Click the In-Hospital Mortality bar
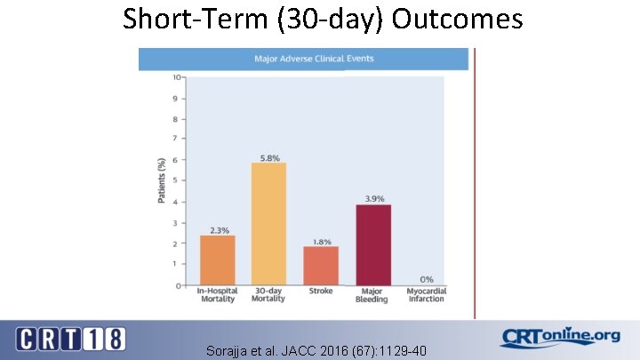[x=217, y=260]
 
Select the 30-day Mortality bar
[x=268, y=223]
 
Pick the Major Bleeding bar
[x=373, y=244]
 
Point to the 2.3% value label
[x=219, y=230]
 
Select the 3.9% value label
[x=374, y=199]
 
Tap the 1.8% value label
[x=322, y=241]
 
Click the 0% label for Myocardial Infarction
[x=427, y=279]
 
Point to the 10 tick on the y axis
[x=176, y=77]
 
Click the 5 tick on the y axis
[x=178, y=181]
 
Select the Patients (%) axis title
[x=162, y=180]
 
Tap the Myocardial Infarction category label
[x=426, y=296]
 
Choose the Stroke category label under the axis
[x=321, y=292]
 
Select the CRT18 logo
[x=71, y=339]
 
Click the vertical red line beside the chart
[x=475, y=178]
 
